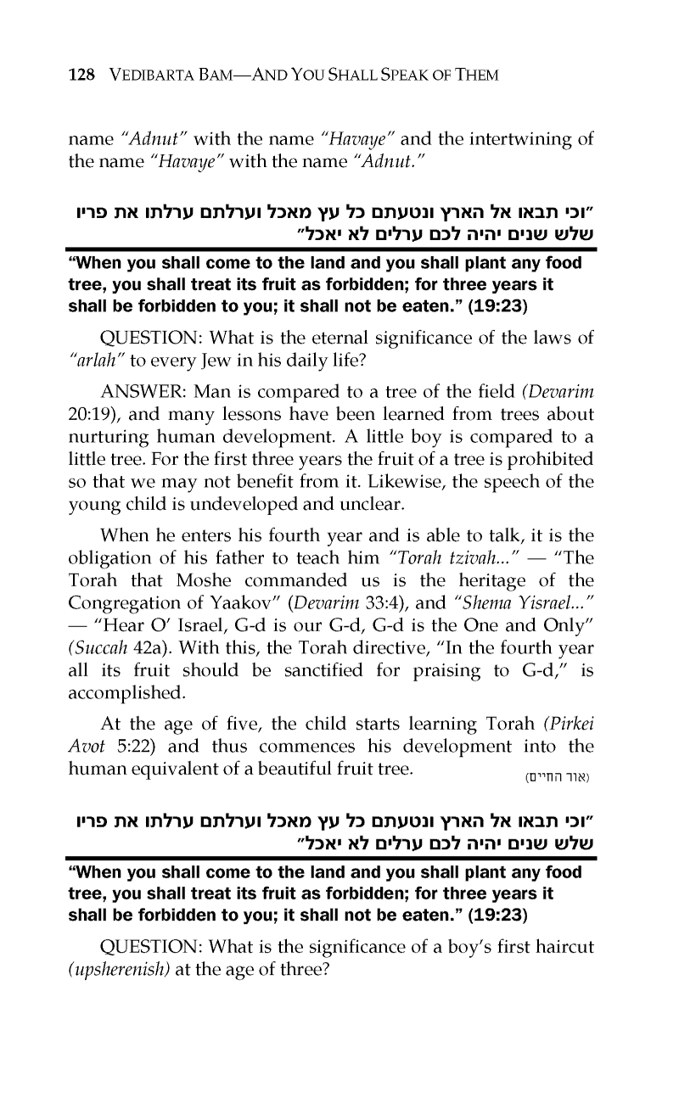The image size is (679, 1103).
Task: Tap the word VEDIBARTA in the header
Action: (147, 75)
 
